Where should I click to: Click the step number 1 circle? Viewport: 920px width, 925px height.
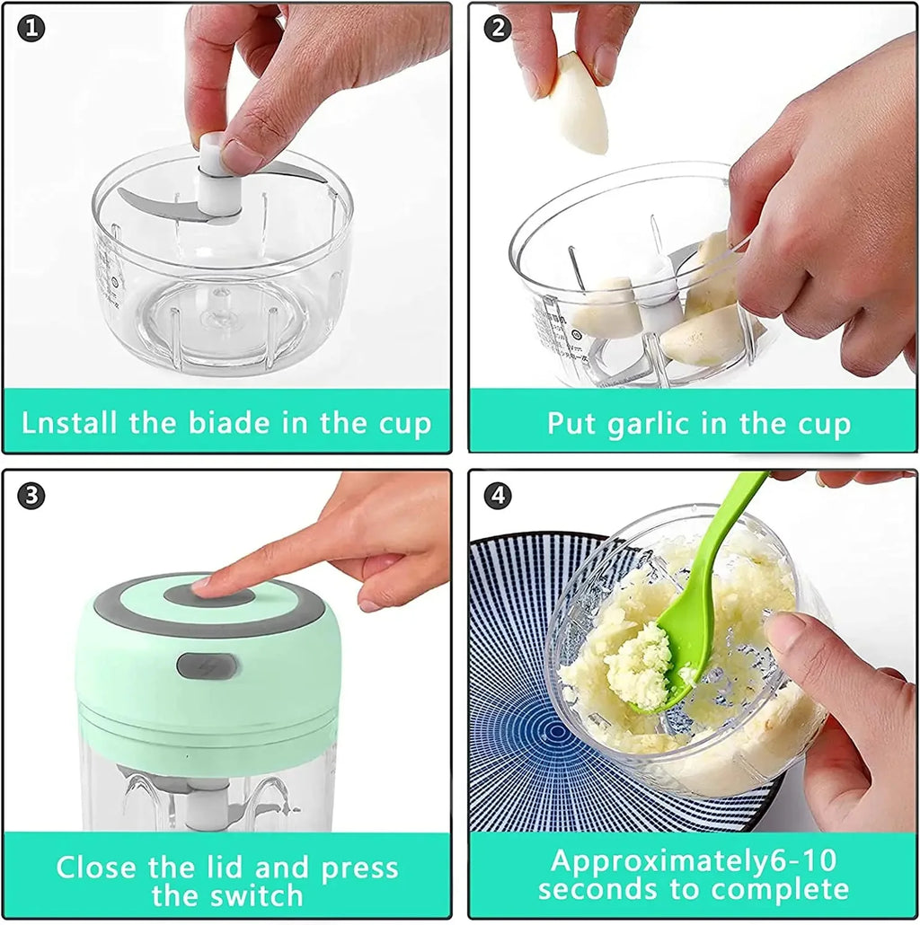[x=31, y=29]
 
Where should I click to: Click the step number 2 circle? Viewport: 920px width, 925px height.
[x=497, y=29]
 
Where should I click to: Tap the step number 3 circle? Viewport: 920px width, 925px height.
[x=31, y=495]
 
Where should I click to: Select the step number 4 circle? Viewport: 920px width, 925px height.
[x=497, y=495]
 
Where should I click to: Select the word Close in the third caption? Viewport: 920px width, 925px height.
[x=93, y=868]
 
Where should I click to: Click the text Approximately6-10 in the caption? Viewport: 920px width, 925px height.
[x=693, y=860]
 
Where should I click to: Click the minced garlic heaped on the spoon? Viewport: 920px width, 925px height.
[x=639, y=665]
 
